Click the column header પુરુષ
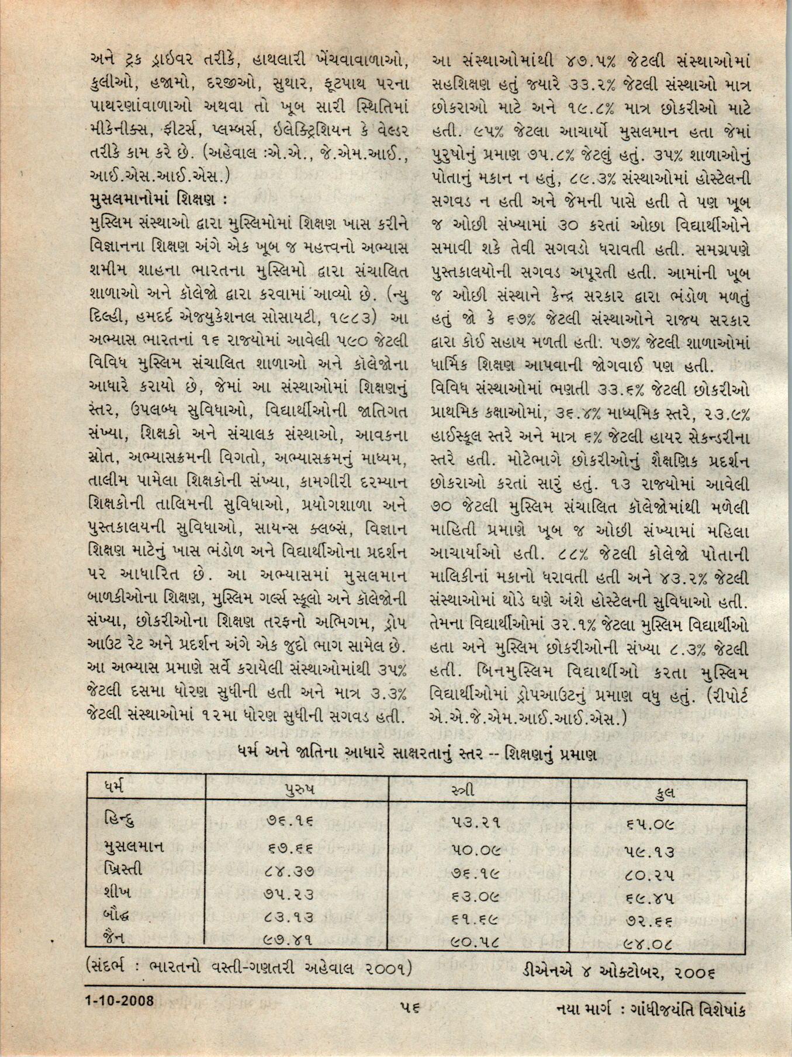click(x=298, y=788)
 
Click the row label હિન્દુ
click(x=119, y=820)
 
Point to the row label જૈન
click(x=112, y=937)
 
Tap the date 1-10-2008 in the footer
click(x=119, y=1000)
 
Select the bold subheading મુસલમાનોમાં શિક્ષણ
click(x=155, y=200)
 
